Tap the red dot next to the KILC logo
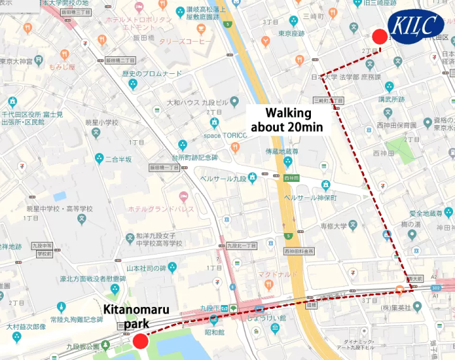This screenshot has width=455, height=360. point(379,37)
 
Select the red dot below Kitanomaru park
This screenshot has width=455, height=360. point(140,342)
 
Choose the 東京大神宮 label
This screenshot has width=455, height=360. point(16,61)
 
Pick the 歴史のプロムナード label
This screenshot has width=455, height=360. point(151,74)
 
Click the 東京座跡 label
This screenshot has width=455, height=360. point(292,33)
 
